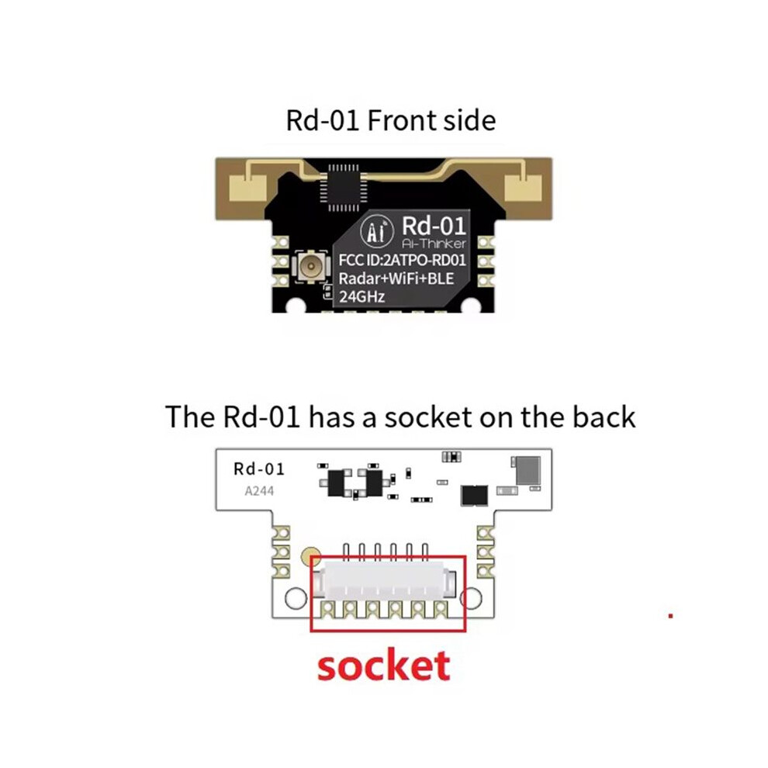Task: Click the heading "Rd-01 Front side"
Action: [x=390, y=120]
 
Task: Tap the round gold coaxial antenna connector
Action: [x=310, y=266]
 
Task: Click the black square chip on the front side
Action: [x=343, y=188]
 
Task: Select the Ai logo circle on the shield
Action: [x=377, y=230]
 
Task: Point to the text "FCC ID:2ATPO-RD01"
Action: [x=402, y=260]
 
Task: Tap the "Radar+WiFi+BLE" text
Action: [x=396, y=278]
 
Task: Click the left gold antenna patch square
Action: [x=248, y=189]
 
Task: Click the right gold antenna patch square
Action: [x=523, y=189]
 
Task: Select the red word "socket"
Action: [x=383, y=666]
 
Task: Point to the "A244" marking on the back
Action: [x=259, y=491]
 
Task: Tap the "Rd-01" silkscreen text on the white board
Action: [x=259, y=469]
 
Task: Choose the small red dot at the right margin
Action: [x=670, y=616]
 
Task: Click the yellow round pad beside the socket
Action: [x=310, y=556]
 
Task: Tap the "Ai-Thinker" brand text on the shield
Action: [x=434, y=244]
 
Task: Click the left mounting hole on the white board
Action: [x=296, y=598]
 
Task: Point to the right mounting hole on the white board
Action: [x=471, y=598]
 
